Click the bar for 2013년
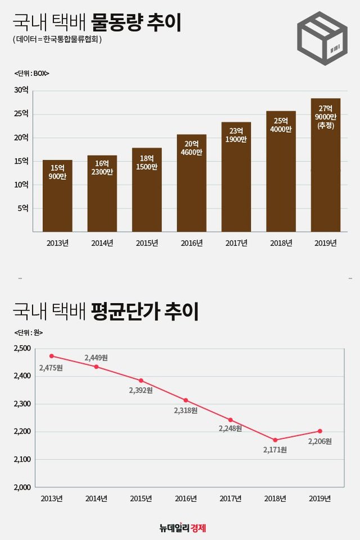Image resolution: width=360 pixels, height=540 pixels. [x=57, y=195]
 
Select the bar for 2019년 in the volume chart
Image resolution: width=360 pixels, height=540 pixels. [x=325, y=165]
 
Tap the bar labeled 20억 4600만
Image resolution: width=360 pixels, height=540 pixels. [x=191, y=183]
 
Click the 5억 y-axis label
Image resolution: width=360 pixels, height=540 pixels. [x=23, y=208]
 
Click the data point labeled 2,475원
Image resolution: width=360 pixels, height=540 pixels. [x=52, y=356]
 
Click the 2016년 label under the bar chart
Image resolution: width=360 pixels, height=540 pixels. [x=191, y=243]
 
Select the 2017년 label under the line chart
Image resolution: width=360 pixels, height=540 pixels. [x=230, y=499]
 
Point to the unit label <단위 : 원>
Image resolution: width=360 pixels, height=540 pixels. [x=28, y=332]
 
